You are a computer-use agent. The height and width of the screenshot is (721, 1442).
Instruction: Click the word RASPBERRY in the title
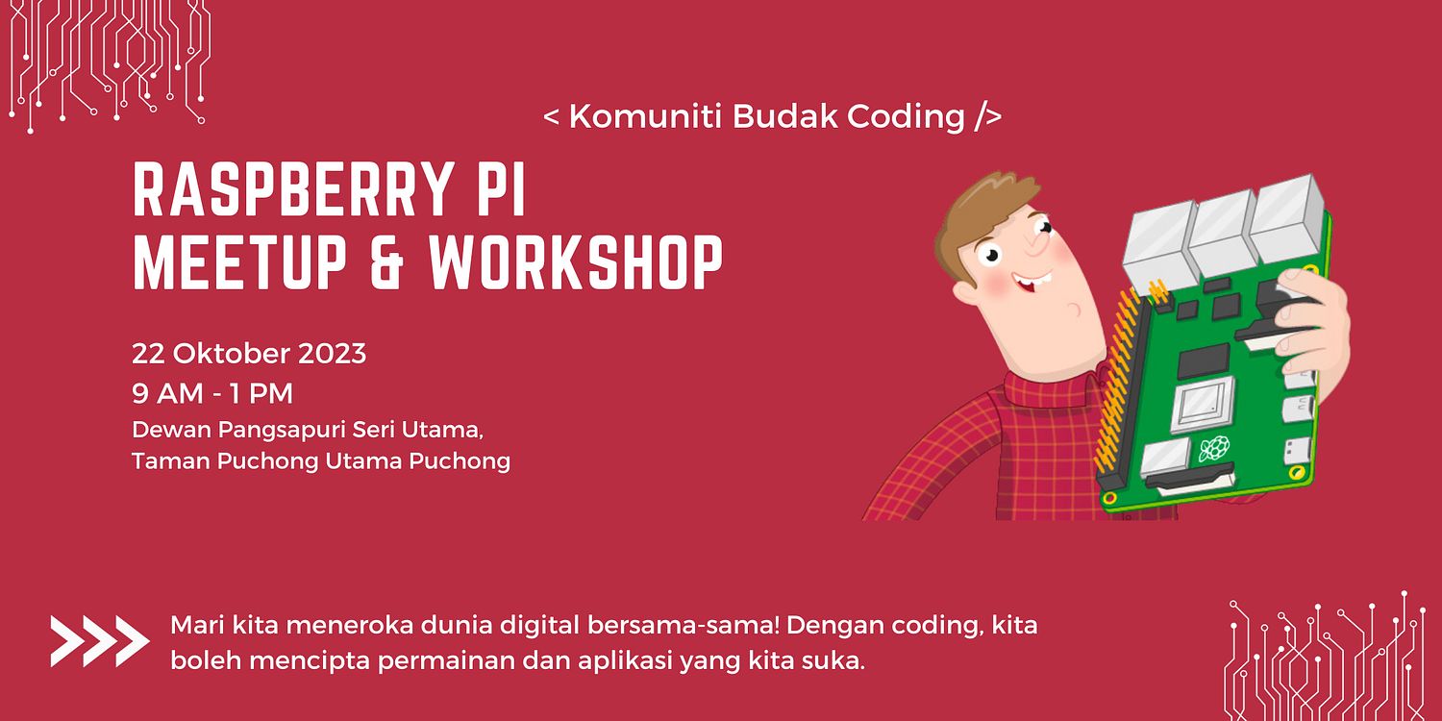283,191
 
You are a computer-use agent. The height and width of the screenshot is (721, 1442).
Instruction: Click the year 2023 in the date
331,354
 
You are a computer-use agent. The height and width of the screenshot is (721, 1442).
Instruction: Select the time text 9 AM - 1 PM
212,394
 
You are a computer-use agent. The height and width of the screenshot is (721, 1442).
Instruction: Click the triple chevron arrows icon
100,641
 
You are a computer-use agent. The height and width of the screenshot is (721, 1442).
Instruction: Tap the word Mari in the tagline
196,627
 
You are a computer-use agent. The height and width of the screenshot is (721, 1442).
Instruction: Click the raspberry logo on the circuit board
1213,448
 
